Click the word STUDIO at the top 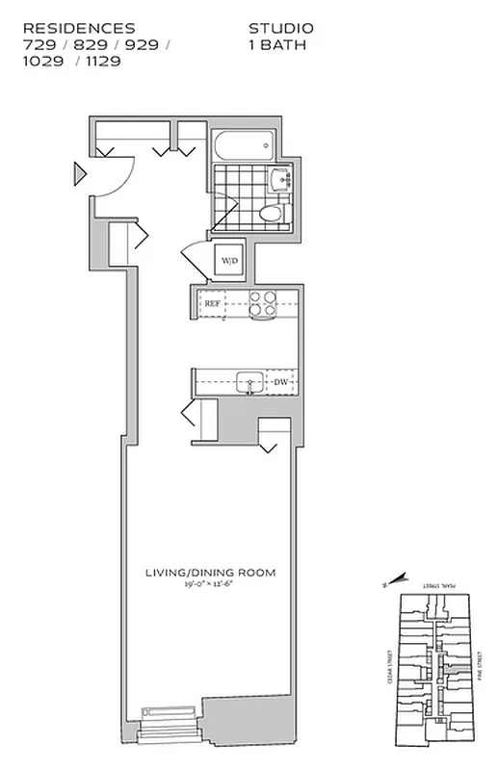280,29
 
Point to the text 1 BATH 277,44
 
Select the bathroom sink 280,179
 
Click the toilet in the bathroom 273,214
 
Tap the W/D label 230,261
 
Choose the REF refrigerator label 213,303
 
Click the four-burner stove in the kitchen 263,303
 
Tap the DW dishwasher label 281,382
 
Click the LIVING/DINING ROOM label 210,573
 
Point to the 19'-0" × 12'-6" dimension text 210,585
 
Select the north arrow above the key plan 396,579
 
